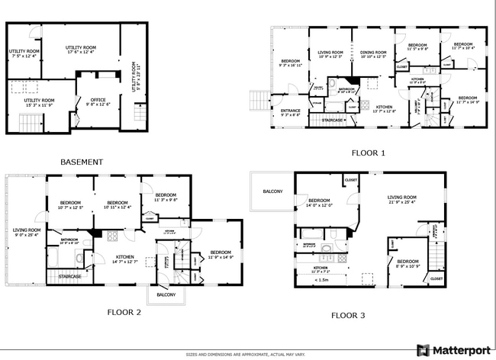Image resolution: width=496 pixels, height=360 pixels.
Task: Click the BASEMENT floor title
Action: click(x=81, y=162)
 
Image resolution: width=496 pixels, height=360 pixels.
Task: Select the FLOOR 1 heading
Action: click(x=369, y=153)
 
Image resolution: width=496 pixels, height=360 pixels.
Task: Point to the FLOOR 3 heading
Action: click(x=348, y=314)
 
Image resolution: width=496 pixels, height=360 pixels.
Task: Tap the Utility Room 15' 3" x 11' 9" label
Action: click(x=39, y=102)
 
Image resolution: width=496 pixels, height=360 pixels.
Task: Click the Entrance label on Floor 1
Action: click(x=291, y=113)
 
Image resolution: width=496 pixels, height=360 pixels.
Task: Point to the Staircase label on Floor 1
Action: click(x=331, y=120)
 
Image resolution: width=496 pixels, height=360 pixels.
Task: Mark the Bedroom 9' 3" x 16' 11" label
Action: click(x=291, y=63)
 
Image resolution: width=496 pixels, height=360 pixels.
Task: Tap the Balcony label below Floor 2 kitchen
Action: click(x=166, y=295)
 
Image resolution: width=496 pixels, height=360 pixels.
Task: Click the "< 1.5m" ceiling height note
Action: click(x=322, y=280)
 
